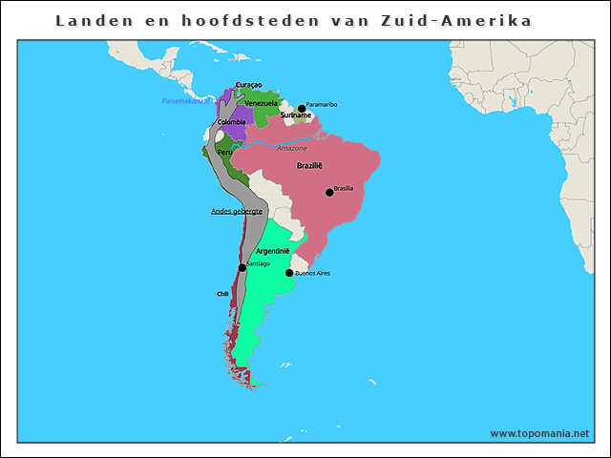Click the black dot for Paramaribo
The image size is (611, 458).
pos(302,108)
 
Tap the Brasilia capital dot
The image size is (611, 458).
pos(329,192)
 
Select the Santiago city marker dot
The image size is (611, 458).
pos(242,268)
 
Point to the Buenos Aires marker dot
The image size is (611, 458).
pos(289,273)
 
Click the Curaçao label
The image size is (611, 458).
pos(248,85)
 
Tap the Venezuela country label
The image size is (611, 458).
pos(261,102)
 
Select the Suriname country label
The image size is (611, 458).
pos(295,115)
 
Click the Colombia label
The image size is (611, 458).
pos(231,122)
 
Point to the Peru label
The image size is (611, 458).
pos(224,152)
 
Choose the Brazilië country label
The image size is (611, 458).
pos(309,166)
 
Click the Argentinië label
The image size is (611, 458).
pos(272,251)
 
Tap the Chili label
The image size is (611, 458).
pos(222,294)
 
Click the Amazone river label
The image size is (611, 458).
pos(292,148)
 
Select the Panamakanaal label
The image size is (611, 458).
pos(184,100)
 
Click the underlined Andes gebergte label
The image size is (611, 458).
pos(237,211)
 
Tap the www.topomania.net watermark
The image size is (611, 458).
pos(539,433)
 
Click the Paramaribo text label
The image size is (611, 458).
pos(322,104)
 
